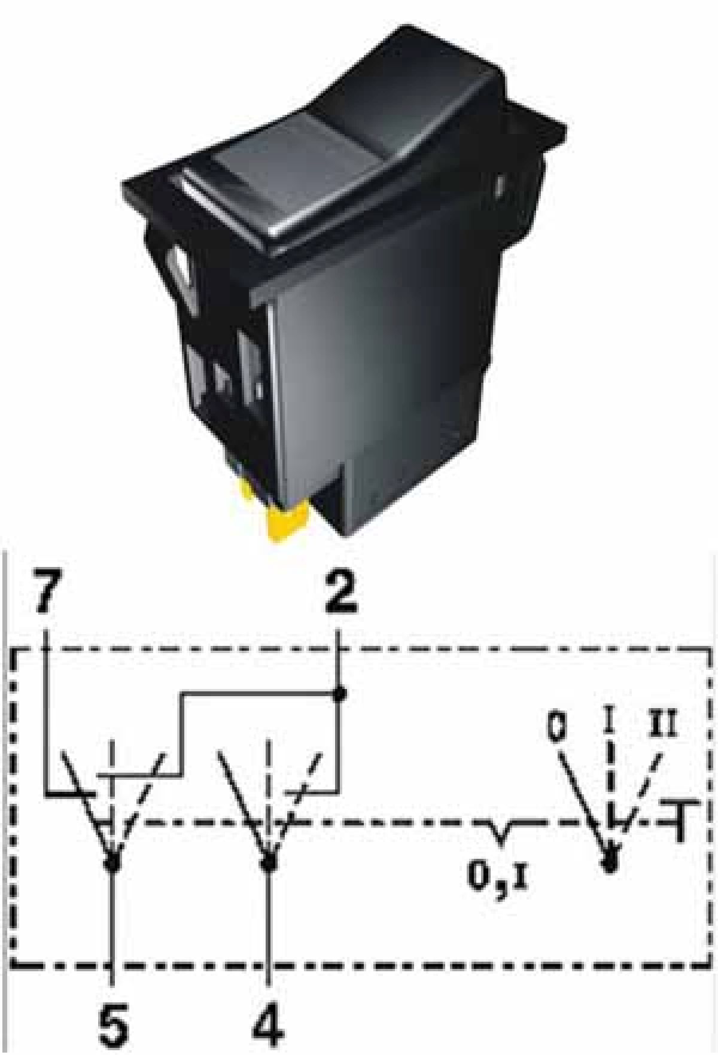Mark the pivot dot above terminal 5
[x=112, y=862]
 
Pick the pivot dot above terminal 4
[x=269, y=862]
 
